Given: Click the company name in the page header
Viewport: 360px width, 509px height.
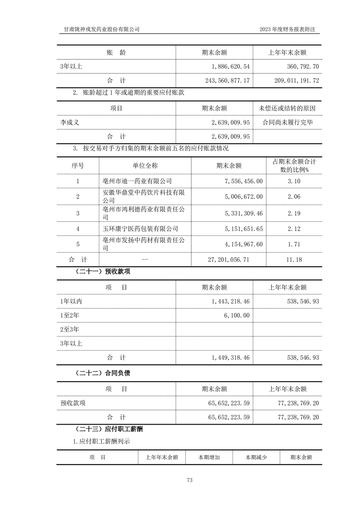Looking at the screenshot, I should tap(102, 29).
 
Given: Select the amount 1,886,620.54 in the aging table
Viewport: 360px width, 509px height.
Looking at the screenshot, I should tap(231, 66).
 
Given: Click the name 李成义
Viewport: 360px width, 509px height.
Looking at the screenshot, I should tap(70, 122).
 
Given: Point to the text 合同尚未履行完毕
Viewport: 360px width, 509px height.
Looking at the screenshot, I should tap(287, 122).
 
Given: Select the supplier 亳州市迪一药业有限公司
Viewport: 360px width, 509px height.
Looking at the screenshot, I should tap(137, 181).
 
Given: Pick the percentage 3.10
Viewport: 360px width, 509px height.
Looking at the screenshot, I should tap(294, 181).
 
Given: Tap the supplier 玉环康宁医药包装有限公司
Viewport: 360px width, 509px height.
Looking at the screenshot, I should tap(140, 229).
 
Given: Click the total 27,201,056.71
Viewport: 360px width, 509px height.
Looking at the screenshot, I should tap(228, 260).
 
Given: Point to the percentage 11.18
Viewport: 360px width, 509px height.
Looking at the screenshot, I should tap(294, 260).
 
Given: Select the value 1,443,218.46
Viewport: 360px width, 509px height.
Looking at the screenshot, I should tap(231, 301).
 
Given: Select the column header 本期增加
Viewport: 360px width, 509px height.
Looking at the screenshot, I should tap(209, 458).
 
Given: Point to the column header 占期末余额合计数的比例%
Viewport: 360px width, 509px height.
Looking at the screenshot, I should tap(294, 166).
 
